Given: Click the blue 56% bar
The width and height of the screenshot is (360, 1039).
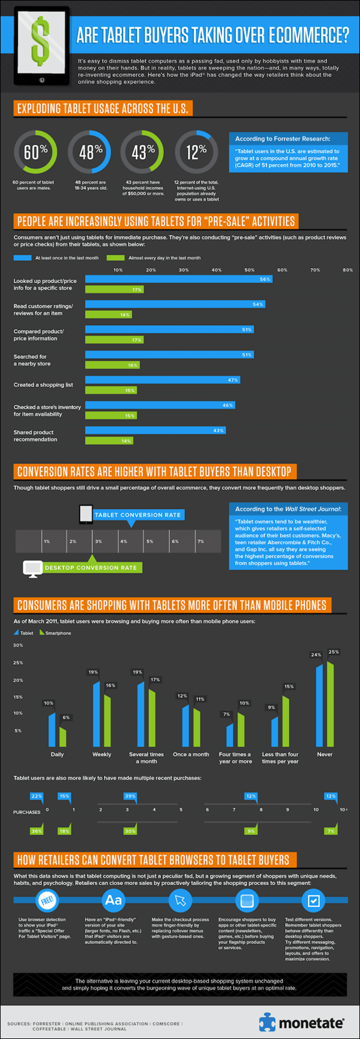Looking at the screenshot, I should tap(178, 279).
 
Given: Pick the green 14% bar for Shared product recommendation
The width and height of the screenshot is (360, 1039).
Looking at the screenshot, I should tap(109, 441).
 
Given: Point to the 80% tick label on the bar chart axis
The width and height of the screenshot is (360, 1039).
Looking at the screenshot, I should tap(347, 270).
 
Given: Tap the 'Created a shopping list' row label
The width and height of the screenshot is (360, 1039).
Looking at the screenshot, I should tap(43, 385).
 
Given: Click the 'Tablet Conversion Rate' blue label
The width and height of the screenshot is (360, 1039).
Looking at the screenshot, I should tap(138, 514).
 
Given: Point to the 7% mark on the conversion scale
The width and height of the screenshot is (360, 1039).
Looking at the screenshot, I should tap(201, 541).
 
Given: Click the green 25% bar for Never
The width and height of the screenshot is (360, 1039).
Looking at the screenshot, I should tap(330, 703).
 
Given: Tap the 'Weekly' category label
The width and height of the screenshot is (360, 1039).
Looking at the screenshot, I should tap(102, 754).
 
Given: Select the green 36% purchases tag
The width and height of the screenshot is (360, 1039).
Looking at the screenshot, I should tap(36, 831).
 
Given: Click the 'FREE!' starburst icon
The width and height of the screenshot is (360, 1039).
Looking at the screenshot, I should tap(47, 900).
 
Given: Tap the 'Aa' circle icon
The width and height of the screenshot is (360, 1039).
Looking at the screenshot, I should tap(113, 900).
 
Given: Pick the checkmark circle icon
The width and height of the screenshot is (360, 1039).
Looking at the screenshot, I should tap(313, 900).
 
